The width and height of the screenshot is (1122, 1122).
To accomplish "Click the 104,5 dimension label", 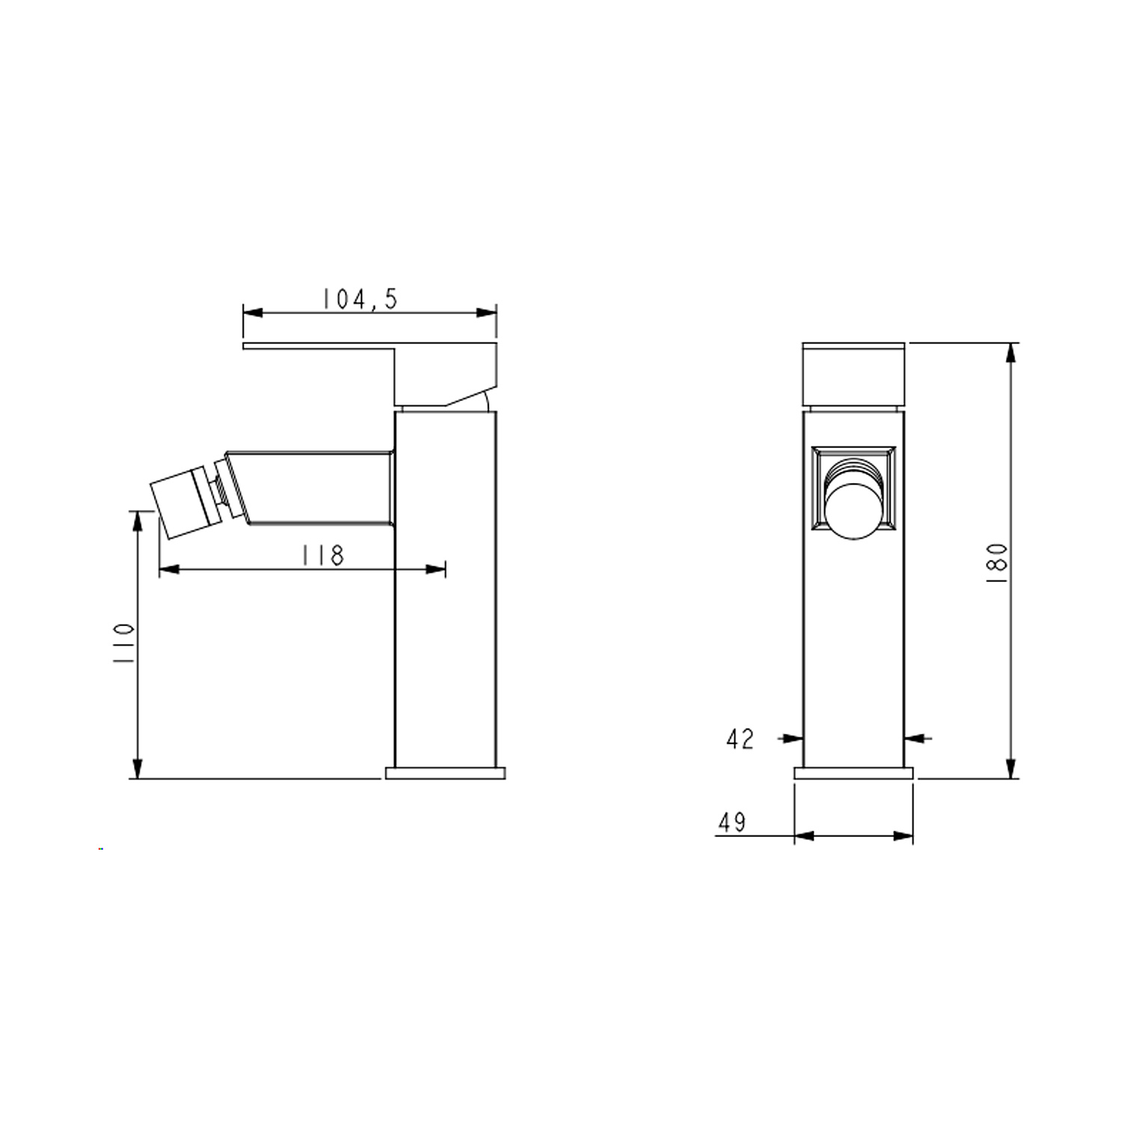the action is click(360, 298).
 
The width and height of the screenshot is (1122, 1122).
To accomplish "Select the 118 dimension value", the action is click(322, 555).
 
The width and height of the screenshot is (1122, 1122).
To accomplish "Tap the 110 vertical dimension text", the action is click(123, 644).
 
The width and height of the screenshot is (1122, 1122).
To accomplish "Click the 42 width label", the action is click(741, 739).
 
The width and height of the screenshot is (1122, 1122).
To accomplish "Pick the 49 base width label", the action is click(732, 822).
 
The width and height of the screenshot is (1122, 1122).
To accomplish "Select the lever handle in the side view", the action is click(370, 374).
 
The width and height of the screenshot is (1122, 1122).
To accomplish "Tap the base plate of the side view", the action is click(446, 773).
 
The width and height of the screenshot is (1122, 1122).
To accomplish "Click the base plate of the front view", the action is click(853, 773).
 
